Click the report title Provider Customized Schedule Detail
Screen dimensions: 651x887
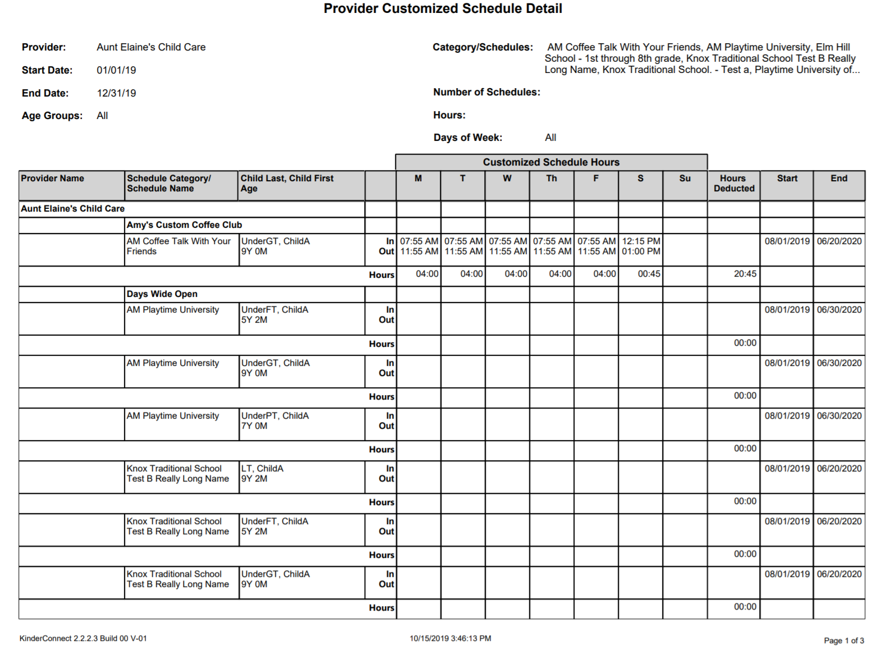tap(443, 9)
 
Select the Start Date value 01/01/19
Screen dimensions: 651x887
tap(116, 70)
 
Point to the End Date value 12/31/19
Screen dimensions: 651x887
tap(116, 93)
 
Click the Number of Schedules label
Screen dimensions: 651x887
tap(486, 92)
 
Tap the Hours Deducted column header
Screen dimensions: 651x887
tap(733, 184)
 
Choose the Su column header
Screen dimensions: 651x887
tap(684, 178)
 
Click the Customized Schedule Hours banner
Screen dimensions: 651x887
tap(551, 162)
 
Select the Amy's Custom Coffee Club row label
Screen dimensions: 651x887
tap(184, 225)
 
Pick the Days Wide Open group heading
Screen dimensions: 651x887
tap(162, 294)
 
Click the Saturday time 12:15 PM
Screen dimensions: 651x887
tap(641, 241)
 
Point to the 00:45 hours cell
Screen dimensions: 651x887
tap(649, 274)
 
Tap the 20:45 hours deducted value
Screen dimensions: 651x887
tap(744, 274)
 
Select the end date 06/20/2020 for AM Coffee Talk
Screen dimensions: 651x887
tap(839, 241)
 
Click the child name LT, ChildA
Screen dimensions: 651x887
tap(262, 469)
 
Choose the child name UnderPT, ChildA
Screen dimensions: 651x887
tap(275, 416)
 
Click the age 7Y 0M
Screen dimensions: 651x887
tap(254, 426)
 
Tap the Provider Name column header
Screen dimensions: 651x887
tap(52, 178)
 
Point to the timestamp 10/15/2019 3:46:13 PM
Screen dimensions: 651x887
tap(450, 638)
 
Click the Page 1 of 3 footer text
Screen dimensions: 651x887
tap(843, 640)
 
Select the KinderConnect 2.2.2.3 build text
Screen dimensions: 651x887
tap(83, 638)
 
